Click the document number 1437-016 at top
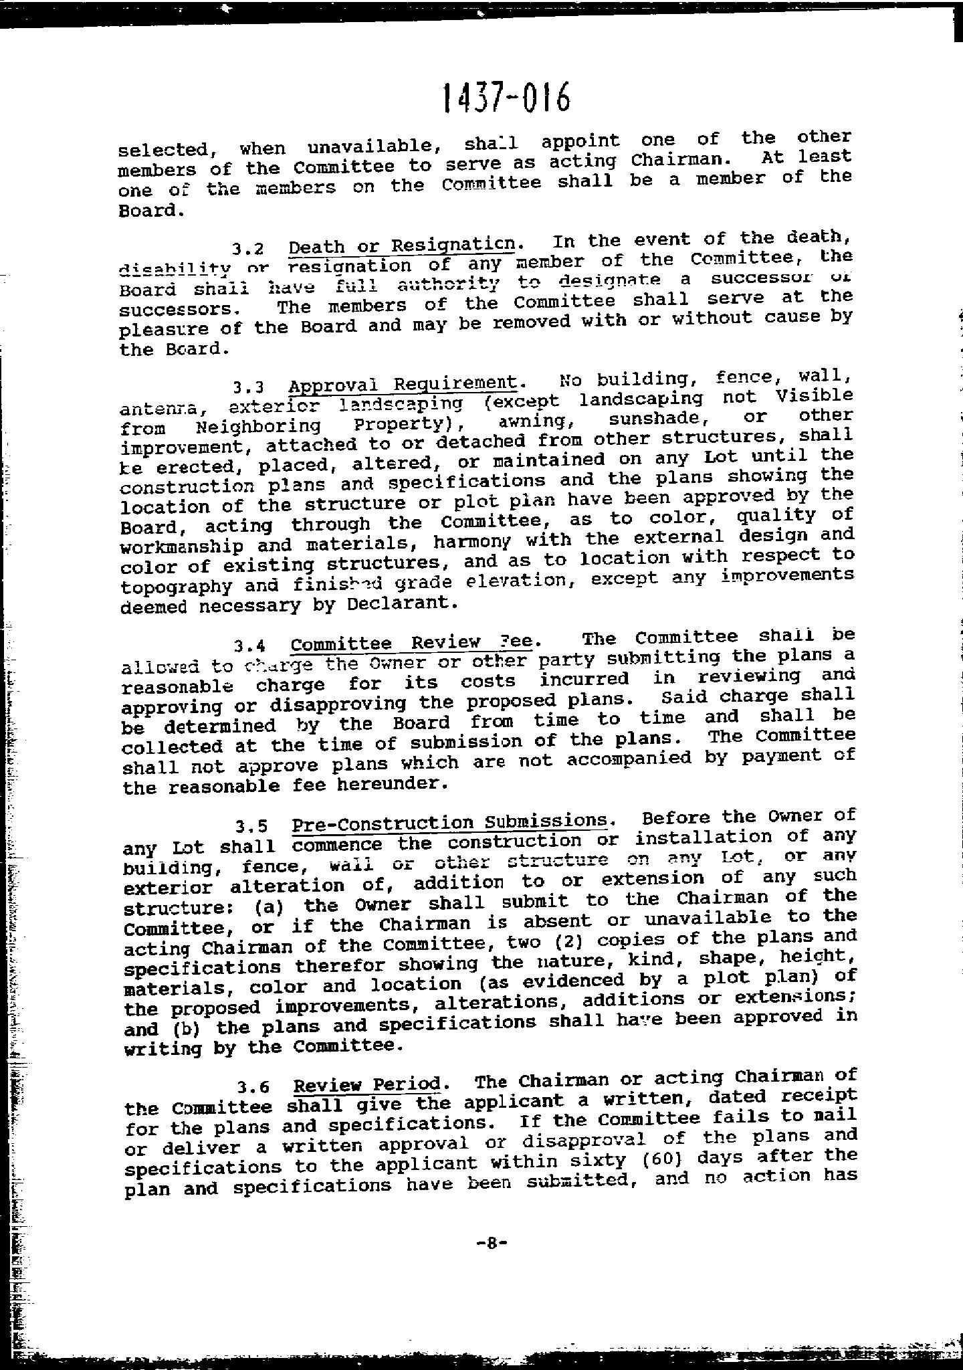[x=506, y=98]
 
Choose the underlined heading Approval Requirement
[x=403, y=384]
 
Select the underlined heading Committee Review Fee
[x=412, y=643]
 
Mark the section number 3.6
[x=255, y=1087]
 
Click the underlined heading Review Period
[x=367, y=1084]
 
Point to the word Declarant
[x=402, y=603]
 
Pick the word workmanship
[x=181, y=546]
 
